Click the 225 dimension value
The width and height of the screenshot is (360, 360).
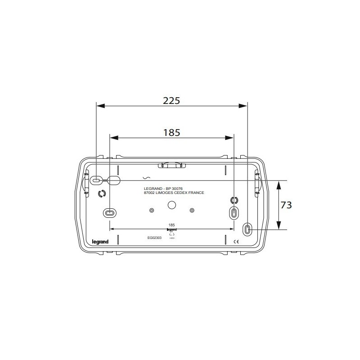171,101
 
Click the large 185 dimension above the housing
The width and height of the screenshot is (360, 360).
171,132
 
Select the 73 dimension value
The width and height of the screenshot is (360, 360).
286,205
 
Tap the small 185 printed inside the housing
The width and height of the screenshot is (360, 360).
171,224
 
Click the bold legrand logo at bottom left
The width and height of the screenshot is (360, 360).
100,241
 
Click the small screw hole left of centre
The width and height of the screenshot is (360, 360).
151,211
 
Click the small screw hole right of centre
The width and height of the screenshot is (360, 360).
192,211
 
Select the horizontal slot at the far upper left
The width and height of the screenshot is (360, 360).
96,180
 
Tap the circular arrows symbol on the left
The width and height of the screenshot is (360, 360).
101,194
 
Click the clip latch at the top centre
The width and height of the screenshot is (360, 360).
171,166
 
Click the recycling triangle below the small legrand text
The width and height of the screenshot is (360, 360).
171,234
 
